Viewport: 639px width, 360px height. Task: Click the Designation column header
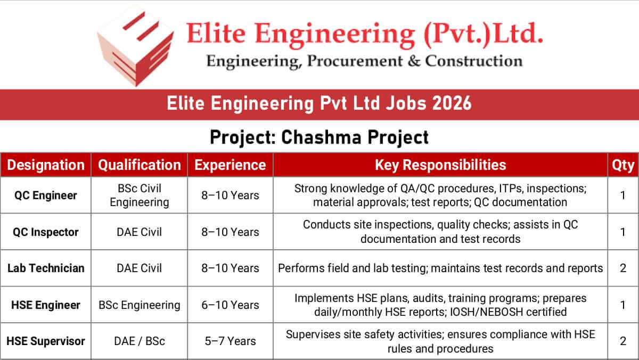coord(46,165)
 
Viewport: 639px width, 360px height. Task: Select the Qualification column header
coord(140,165)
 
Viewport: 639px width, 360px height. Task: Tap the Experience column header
coord(230,165)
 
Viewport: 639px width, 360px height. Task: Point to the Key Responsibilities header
coord(440,165)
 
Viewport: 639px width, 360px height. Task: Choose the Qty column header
coord(623,165)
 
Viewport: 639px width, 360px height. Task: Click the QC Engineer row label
coord(46,195)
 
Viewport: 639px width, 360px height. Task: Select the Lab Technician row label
coord(46,268)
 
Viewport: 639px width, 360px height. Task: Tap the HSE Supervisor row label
coord(46,341)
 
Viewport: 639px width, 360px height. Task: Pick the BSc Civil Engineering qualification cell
coord(140,195)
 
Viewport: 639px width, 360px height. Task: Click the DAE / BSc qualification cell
coord(140,341)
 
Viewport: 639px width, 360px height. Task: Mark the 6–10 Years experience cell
coord(230,305)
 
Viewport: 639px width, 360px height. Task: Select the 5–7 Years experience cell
coord(230,341)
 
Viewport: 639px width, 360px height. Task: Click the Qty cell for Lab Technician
coord(623,268)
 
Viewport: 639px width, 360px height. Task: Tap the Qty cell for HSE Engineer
coord(623,305)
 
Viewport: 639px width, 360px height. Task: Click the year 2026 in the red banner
coord(452,103)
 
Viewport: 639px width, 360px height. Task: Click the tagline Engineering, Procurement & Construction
coord(364,61)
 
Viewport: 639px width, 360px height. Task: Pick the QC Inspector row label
coord(46,232)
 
